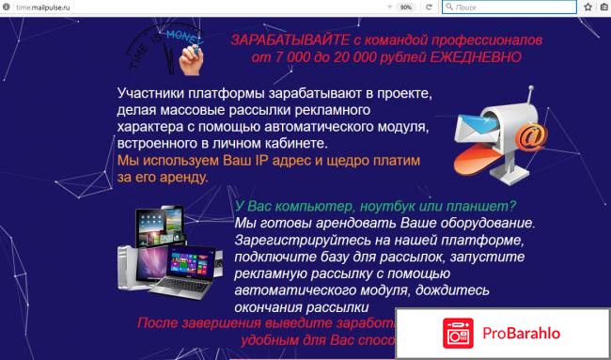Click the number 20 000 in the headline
[352, 56]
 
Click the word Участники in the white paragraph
[152, 94]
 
